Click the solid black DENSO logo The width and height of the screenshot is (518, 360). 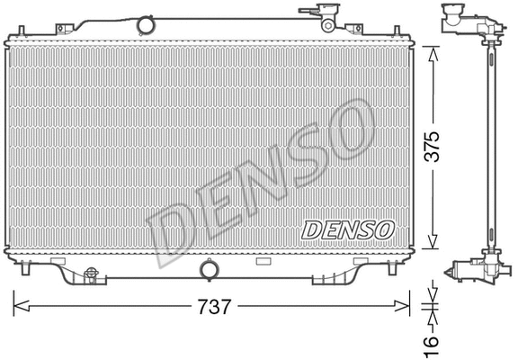347,229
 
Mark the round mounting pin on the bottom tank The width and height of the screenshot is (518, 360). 210,269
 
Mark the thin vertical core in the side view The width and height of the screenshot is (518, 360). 490,144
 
